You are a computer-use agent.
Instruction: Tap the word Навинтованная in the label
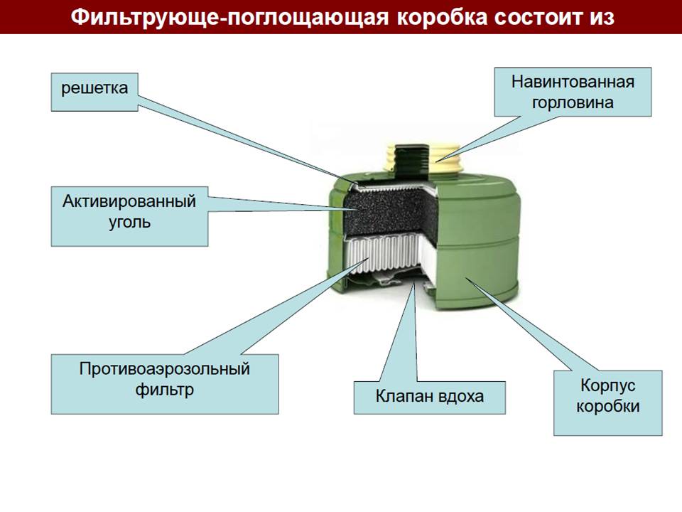(x=573, y=80)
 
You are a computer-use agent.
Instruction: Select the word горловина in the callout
(x=573, y=102)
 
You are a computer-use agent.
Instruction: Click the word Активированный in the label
(x=129, y=201)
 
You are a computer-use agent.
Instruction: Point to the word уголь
(x=129, y=222)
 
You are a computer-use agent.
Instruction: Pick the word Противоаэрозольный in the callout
(x=165, y=369)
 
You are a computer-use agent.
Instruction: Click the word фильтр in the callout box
(x=164, y=390)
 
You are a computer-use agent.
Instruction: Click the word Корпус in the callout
(x=607, y=385)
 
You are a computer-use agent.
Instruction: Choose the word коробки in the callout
(x=607, y=407)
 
